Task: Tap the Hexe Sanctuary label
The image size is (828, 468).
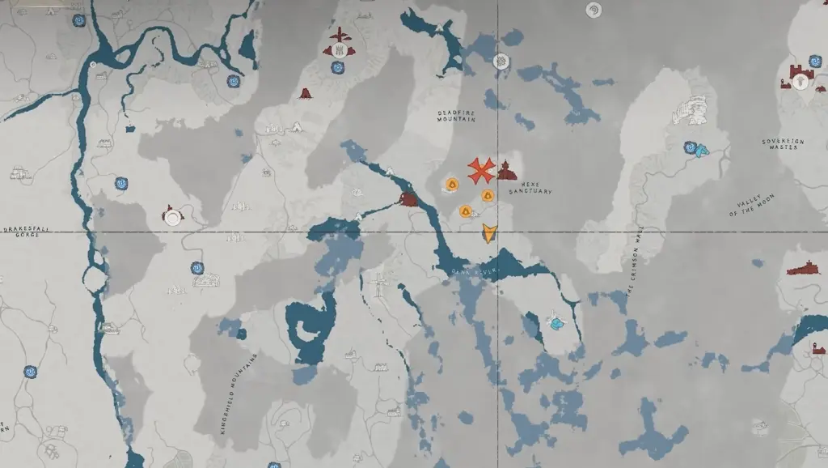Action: (x=530, y=188)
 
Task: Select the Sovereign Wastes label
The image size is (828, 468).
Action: (x=783, y=144)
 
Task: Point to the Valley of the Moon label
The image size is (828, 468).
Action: (x=752, y=206)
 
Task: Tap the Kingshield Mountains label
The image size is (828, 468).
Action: (x=238, y=394)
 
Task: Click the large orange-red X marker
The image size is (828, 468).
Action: (x=481, y=170)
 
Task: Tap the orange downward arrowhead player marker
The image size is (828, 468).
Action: (x=488, y=233)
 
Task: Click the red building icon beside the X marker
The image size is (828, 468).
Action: (x=507, y=170)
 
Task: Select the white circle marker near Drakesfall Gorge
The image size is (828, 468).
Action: (x=172, y=218)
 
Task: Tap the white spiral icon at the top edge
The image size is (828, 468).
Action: (x=594, y=10)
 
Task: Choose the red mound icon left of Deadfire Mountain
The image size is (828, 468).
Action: (x=306, y=94)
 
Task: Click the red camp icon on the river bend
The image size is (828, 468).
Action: (x=409, y=200)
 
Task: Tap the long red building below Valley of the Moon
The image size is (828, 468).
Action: (x=804, y=268)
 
